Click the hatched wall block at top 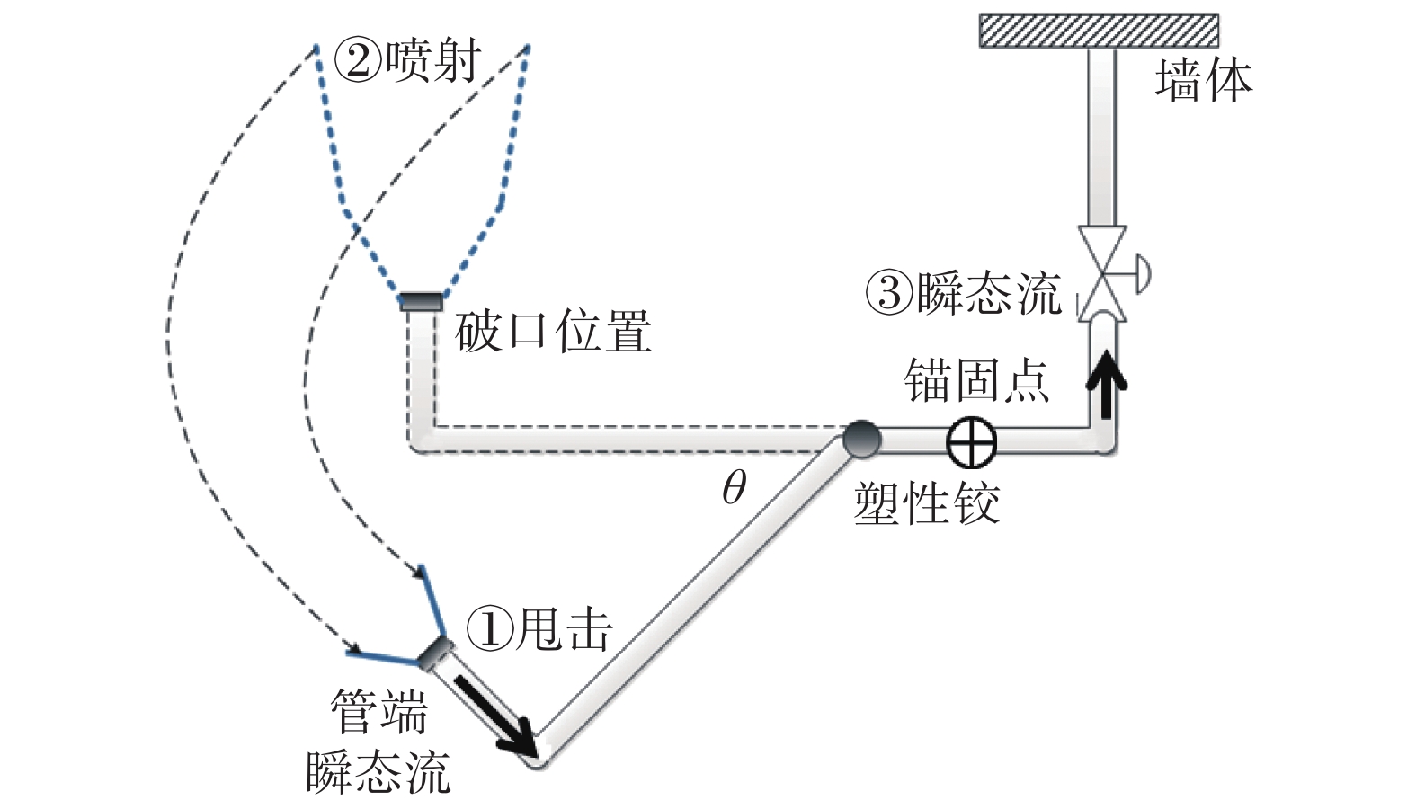[x=1099, y=31]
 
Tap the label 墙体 [x=1203, y=80]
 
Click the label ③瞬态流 [x=963, y=293]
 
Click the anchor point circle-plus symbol [x=972, y=442]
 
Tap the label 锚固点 [x=977, y=380]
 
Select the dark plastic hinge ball [x=860, y=440]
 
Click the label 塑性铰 [x=926, y=503]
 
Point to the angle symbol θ [x=734, y=488]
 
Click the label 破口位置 [x=553, y=332]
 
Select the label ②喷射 [x=407, y=62]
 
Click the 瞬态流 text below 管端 [x=378, y=771]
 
